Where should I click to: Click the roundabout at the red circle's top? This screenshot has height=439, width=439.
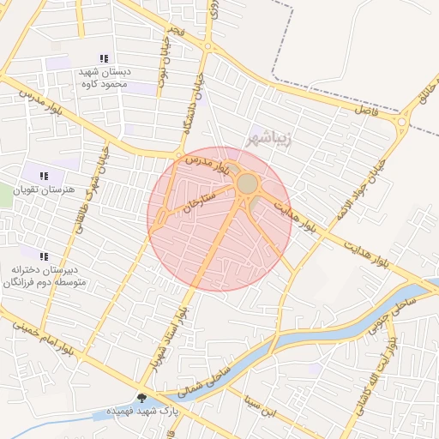coord(247,183)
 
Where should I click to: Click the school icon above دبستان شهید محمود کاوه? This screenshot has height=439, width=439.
coord(104,59)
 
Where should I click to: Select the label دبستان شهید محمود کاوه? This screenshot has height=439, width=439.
coord(103,78)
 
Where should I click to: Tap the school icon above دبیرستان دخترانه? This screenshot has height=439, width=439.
coord(44,255)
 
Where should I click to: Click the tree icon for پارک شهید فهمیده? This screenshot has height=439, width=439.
coord(141,398)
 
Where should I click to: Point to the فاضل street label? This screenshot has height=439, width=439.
coord(366,111)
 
